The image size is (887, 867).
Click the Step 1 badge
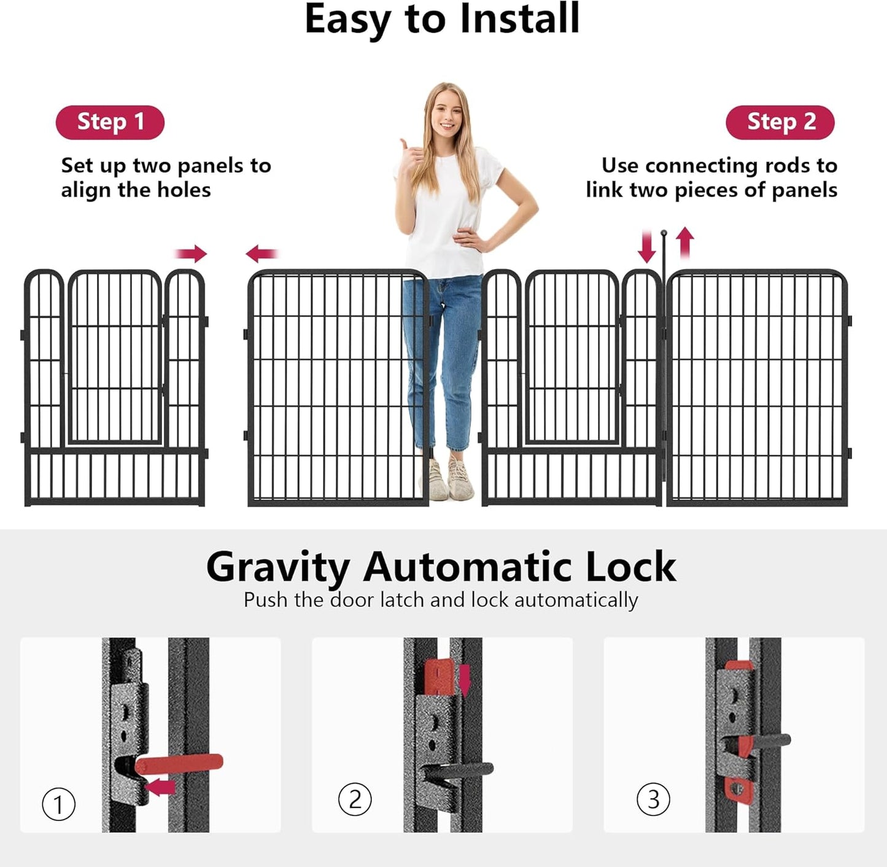[x=110, y=122]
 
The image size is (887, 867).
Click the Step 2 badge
[x=780, y=122]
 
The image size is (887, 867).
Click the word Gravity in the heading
[x=277, y=567]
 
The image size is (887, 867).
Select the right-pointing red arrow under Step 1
[x=192, y=253]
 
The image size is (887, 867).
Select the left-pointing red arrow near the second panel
[x=262, y=253]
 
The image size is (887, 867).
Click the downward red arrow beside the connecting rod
[x=646, y=246]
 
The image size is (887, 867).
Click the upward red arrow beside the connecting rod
[x=685, y=243]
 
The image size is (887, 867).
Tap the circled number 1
[x=58, y=804]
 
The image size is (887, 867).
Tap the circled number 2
[x=355, y=799]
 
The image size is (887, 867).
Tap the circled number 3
[x=653, y=799]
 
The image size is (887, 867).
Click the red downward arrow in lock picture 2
[x=465, y=680]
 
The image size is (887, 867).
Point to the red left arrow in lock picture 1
[x=161, y=787]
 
